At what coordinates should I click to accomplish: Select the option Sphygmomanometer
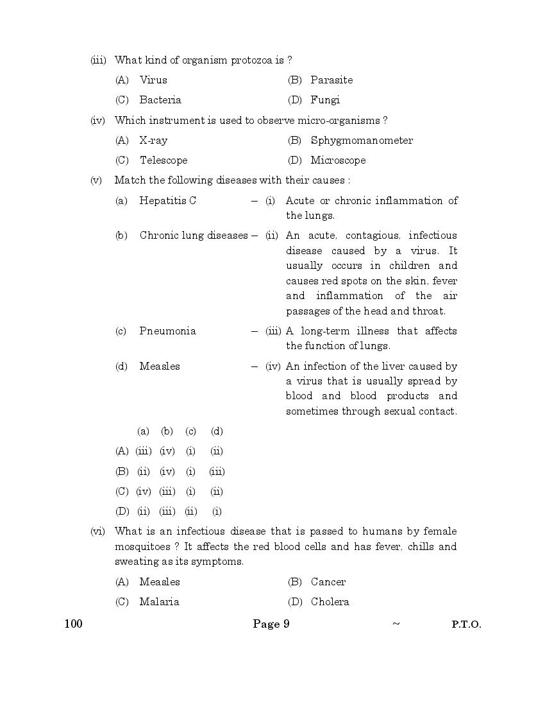[362, 141]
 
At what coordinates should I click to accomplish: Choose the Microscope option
[338, 160]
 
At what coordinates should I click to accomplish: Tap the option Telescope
[163, 160]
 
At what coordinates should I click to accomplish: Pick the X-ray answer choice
[153, 141]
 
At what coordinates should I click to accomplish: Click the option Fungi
[325, 100]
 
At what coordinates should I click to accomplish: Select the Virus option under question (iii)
[153, 80]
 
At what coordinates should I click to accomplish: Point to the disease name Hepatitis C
[167, 201]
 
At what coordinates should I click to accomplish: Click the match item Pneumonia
[167, 331]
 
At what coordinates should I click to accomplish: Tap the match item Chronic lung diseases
[193, 236]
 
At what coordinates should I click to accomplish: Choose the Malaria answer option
[159, 602]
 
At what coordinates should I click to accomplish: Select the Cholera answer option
[330, 602]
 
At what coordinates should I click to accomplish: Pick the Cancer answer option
[328, 582]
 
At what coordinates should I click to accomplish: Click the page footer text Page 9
[271, 624]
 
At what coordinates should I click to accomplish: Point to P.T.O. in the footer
[466, 624]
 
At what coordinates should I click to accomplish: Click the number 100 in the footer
[74, 624]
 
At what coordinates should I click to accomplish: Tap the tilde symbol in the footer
[396, 624]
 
